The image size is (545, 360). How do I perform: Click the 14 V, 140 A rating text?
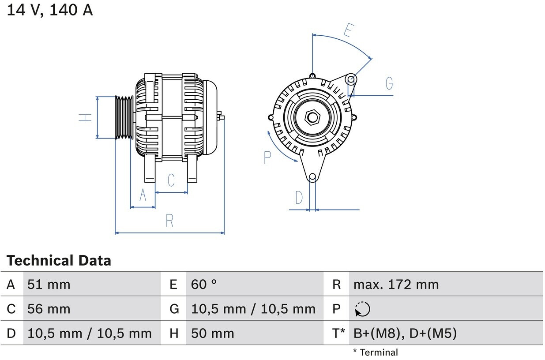click(49, 10)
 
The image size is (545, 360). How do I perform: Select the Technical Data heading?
click(59, 261)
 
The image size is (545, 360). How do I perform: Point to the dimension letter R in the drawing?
click(169, 220)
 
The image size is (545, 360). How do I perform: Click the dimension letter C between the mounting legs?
click(171, 180)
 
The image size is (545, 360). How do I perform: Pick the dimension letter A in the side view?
click(143, 195)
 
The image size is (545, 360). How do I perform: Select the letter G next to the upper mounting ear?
click(389, 83)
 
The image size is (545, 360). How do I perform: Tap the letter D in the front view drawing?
click(299, 198)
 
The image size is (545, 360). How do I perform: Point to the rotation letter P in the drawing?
click(267, 157)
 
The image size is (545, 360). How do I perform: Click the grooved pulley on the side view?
click(124, 117)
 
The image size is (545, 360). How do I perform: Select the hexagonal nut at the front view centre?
click(312, 117)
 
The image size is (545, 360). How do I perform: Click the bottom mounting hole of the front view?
click(312, 177)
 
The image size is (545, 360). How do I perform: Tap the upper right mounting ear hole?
click(351, 79)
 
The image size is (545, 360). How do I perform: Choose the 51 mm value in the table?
click(49, 285)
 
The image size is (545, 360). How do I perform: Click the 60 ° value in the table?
click(204, 285)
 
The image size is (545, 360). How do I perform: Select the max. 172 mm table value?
click(396, 285)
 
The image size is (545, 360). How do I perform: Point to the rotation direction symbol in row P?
click(362, 309)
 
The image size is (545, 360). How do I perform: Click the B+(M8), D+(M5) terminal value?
click(405, 334)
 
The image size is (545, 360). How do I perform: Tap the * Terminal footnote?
click(375, 352)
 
